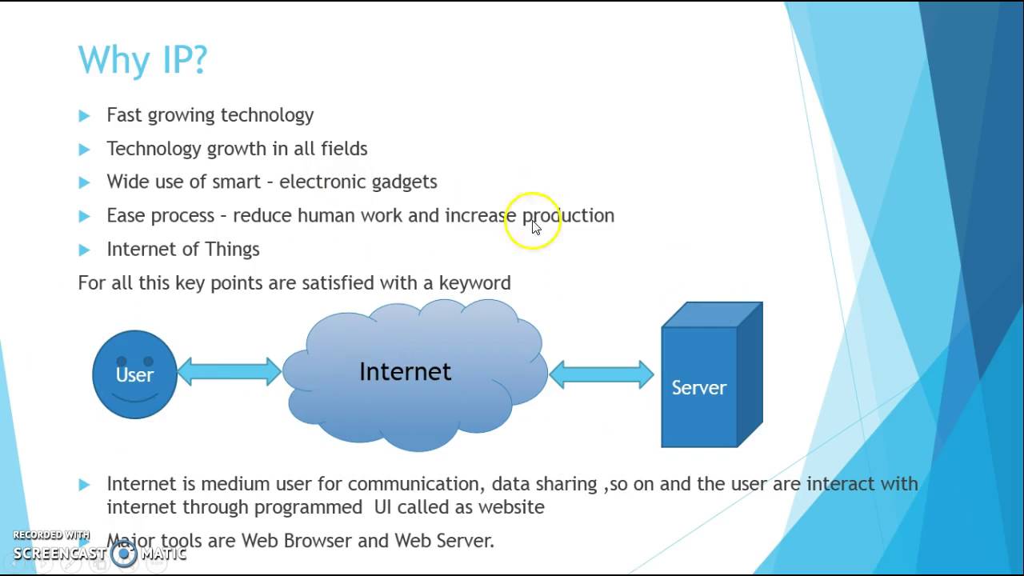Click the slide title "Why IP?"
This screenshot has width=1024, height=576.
(142, 61)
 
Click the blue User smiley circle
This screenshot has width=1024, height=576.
(134, 374)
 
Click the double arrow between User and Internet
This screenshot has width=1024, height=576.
(229, 371)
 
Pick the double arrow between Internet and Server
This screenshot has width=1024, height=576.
(602, 374)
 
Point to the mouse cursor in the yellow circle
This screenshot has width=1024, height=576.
(536, 227)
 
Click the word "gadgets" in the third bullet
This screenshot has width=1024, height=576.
(404, 182)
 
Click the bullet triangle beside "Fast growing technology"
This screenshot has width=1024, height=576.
(84, 116)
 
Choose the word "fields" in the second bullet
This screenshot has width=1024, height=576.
(344, 149)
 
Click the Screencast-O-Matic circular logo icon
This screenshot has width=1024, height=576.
(124, 554)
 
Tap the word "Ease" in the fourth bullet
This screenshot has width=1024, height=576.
(126, 216)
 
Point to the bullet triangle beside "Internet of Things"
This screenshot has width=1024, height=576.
(84, 250)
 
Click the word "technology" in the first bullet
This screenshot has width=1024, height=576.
(267, 115)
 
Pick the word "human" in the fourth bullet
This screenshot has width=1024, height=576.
(326, 216)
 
